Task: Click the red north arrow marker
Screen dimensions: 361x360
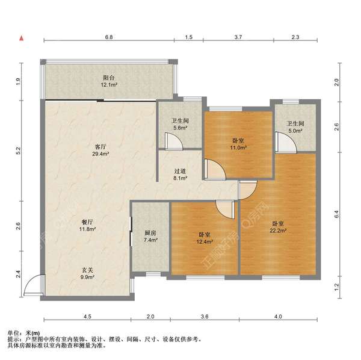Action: tap(22, 38)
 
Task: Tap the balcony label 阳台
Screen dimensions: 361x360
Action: tap(109, 78)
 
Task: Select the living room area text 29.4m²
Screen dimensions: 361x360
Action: tap(100, 154)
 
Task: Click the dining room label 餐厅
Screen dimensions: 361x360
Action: tap(87, 222)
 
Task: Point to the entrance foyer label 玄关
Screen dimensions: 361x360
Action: tap(87, 270)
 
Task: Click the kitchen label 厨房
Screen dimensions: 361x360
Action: tap(150, 233)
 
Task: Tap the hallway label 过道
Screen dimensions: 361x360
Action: tap(180, 171)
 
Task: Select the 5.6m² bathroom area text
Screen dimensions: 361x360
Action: tap(180, 128)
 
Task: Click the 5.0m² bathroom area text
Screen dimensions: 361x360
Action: tap(295, 131)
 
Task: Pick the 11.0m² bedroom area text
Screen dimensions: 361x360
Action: tap(238, 147)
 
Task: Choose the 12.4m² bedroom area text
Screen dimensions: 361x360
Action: tap(205, 241)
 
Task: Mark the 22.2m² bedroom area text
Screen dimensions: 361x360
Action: tap(278, 231)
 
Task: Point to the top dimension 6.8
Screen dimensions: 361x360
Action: tap(109, 37)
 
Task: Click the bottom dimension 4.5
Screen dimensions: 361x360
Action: tap(87, 317)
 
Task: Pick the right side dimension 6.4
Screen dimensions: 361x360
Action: tap(336, 214)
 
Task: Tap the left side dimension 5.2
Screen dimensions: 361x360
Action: tap(19, 151)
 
